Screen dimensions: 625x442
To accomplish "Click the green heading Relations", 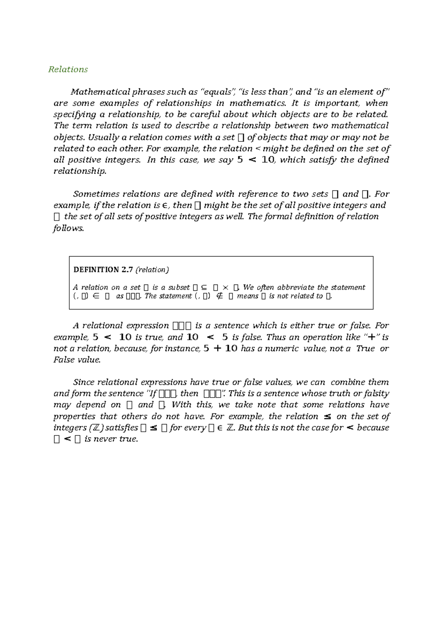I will (68, 70).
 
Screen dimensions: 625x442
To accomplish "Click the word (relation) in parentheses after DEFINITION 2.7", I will (152, 270).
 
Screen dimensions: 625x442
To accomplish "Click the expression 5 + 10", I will (220, 349).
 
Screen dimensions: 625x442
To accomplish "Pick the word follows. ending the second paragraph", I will (69, 228).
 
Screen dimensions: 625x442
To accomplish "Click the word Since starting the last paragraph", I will (84, 382).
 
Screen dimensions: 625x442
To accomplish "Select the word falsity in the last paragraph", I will (376, 393).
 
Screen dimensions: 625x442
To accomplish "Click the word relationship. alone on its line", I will (80, 172).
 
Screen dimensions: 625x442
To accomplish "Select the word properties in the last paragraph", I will (74, 416).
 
